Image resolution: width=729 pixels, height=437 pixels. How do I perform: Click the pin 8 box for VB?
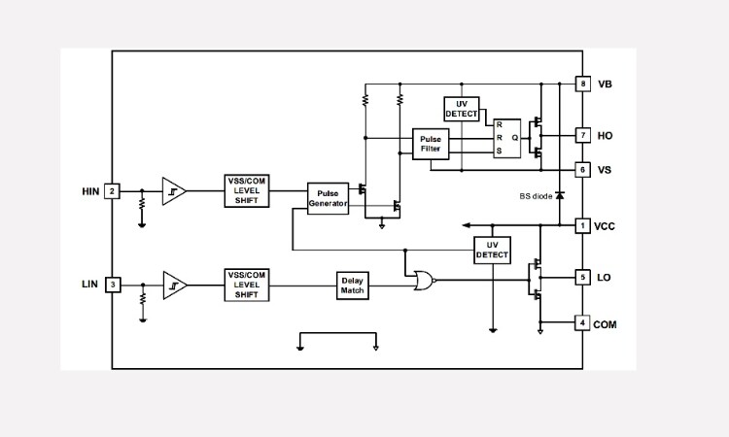[582, 84]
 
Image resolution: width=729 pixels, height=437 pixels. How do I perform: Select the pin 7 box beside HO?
[582, 135]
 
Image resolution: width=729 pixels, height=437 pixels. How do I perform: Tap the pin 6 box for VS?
[582, 169]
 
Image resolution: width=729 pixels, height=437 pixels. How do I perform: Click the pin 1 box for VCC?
[582, 225]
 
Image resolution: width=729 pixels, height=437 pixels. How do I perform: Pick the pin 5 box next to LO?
[582, 278]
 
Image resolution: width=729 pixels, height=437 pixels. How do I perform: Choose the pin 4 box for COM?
[582, 322]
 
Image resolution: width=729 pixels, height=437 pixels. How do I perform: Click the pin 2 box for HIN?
[113, 191]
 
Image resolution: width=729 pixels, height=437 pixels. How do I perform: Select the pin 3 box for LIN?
[113, 284]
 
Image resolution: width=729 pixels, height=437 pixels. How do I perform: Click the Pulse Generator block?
[328, 198]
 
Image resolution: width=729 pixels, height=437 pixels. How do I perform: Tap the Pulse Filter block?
[431, 144]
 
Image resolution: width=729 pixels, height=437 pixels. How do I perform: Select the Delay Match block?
[352, 285]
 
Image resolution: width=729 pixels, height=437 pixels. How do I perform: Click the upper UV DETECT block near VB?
[462, 109]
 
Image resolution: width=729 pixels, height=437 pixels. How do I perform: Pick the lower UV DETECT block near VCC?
[492, 250]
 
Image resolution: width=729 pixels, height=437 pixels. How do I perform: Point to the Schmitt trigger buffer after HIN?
[174, 191]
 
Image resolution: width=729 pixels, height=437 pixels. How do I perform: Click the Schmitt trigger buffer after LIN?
[174, 285]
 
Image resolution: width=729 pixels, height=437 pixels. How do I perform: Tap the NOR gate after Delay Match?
[423, 281]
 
